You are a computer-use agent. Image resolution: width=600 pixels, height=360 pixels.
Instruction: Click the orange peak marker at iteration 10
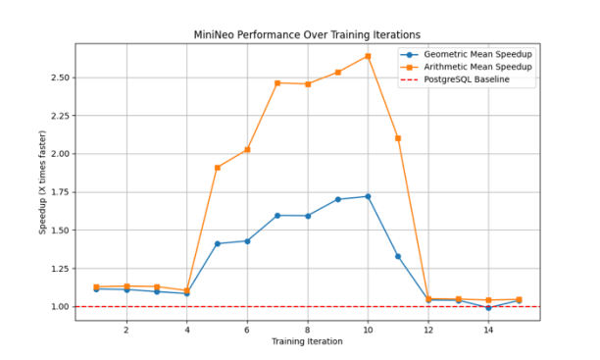(x=368, y=56)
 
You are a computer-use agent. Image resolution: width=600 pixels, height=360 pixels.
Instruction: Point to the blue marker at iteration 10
(x=368, y=196)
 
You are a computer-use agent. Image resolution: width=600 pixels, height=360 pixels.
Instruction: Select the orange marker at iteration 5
(x=217, y=168)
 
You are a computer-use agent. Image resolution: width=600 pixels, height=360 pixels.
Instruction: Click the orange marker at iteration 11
(x=398, y=138)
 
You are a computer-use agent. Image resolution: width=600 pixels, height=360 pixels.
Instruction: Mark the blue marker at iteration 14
(x=488, y=308)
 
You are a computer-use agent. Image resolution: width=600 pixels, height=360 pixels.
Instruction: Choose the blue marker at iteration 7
(x=277, y=215)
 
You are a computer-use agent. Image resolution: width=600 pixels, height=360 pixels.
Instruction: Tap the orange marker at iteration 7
(x=277, y=83)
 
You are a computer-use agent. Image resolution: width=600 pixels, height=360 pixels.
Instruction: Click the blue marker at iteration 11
(x=398, y=256)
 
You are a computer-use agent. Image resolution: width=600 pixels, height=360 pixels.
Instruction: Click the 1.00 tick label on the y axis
(x=57, y=307)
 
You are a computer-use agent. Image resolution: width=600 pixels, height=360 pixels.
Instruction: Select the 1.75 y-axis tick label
(x=57, y=192)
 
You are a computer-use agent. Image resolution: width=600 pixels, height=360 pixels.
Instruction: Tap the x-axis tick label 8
(x=307, y=330)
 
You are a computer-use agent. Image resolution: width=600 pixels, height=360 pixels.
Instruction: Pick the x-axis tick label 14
(x=488, y=330)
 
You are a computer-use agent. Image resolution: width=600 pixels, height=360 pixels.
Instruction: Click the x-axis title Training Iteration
(x=307, y=342)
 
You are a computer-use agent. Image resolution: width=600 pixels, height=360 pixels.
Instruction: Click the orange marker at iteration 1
(x=96, y=286)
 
